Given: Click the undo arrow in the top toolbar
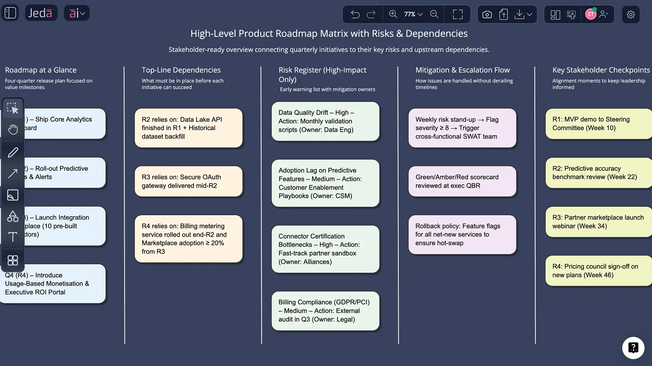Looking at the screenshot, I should coord(355,14).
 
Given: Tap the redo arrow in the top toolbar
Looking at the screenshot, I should coord(371,14).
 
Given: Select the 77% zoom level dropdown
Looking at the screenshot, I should coord(413,14).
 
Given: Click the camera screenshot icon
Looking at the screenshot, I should coord(487,15).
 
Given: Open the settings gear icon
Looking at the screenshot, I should coord(631,15).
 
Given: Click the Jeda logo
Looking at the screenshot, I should coord(41,13).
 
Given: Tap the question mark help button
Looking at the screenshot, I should coord(633,348).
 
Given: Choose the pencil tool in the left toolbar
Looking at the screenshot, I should coord(13,152).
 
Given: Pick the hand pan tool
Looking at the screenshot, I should coord(13,129).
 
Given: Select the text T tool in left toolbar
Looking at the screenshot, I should coord(13,237).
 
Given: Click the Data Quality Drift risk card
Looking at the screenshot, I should coord(325,121).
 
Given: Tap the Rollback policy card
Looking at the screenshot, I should coord(462,235).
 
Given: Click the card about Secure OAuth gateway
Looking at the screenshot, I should coord(188,181).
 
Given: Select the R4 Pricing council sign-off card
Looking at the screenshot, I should coord(598,271).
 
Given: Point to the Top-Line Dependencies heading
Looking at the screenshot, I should coord(181,70).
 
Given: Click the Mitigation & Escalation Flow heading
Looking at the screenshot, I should coord(463,70).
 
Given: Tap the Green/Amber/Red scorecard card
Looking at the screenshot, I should coord(462,181).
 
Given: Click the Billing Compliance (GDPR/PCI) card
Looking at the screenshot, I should coord(325,311).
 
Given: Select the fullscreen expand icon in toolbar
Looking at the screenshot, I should coord(458,14).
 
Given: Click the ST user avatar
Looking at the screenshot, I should coord(591,14).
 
